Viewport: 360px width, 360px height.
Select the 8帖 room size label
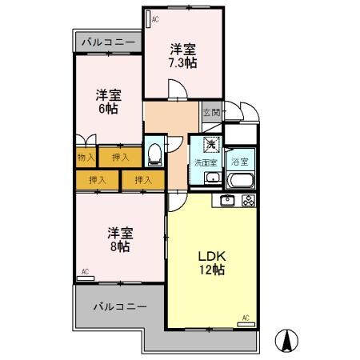(121, 247)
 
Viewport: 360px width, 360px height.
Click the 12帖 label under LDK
(214, 270)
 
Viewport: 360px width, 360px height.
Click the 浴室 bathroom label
(238, 162)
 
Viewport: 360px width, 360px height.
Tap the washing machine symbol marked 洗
(210, 146)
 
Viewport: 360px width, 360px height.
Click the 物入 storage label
(85, 158)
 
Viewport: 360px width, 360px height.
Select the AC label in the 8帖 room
(85, 272)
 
